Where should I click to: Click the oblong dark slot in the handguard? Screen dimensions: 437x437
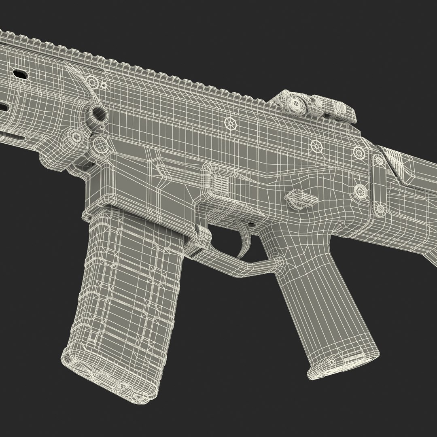[20, 74]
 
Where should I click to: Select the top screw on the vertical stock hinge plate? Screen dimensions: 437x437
[379, 161]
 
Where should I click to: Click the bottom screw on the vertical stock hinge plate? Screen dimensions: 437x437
[380, 209]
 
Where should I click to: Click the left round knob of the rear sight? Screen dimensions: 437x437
[297, 104]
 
